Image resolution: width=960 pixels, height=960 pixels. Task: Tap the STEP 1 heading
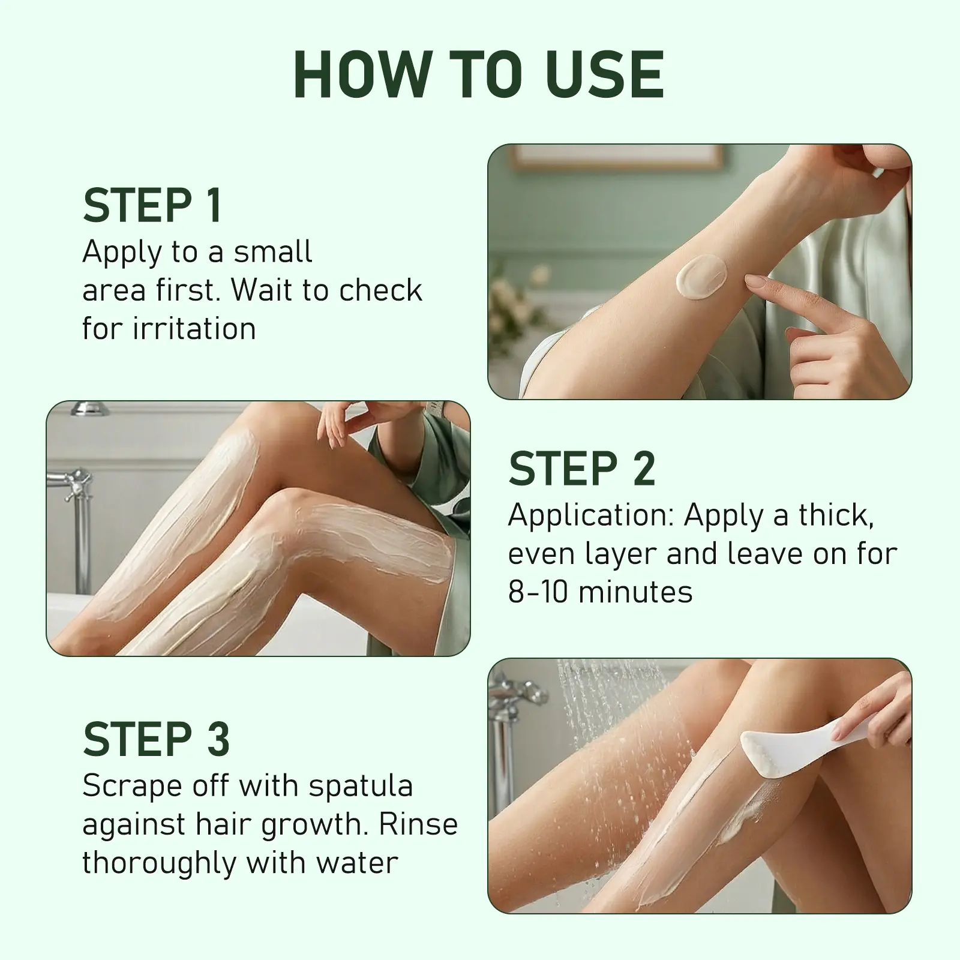152,206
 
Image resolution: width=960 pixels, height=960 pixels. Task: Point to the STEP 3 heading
157,739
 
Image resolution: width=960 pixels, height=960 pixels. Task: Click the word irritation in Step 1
194,329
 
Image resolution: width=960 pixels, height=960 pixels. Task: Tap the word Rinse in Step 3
418,824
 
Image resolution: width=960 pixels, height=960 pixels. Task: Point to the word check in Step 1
380,290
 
